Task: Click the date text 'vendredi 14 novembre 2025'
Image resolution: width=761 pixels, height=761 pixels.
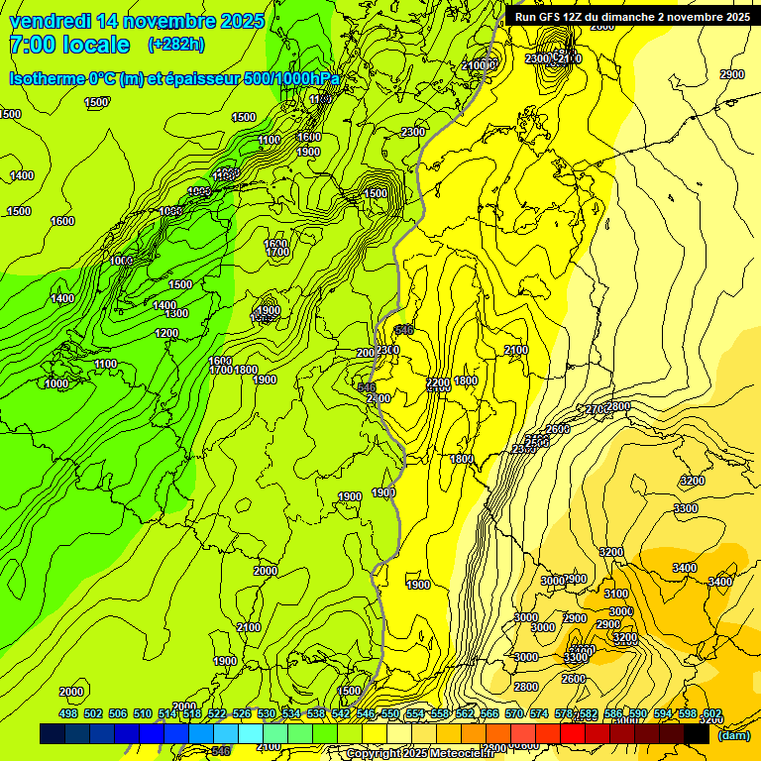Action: (x=137, y=21)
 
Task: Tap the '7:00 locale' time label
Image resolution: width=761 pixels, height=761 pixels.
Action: (x=69, y=45)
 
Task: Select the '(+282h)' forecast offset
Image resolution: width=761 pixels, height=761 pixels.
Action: (x=176, y=45)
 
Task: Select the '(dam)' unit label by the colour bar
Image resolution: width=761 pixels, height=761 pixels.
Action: (x=732, y=734)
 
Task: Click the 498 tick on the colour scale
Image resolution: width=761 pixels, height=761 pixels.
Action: (x=68, y=714)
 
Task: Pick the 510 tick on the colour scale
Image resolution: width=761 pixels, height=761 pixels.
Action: (x=143, y=714)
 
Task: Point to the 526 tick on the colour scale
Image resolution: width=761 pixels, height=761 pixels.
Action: (x=242, y=714)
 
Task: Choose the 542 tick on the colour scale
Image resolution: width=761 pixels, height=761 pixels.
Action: (x=341, y=714)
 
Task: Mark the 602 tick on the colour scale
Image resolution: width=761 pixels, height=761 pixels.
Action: (x=712, y=714)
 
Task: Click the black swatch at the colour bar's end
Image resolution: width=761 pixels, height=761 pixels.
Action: (x=697, y=734)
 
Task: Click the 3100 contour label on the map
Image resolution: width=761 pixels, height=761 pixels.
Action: (x=616, y=594)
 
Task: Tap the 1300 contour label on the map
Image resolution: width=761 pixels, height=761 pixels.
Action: (x=176, y=313)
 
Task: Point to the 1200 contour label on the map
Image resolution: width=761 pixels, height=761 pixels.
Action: (x=166, y=333)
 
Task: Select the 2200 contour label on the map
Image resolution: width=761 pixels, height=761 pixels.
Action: (x=438, y=381)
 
